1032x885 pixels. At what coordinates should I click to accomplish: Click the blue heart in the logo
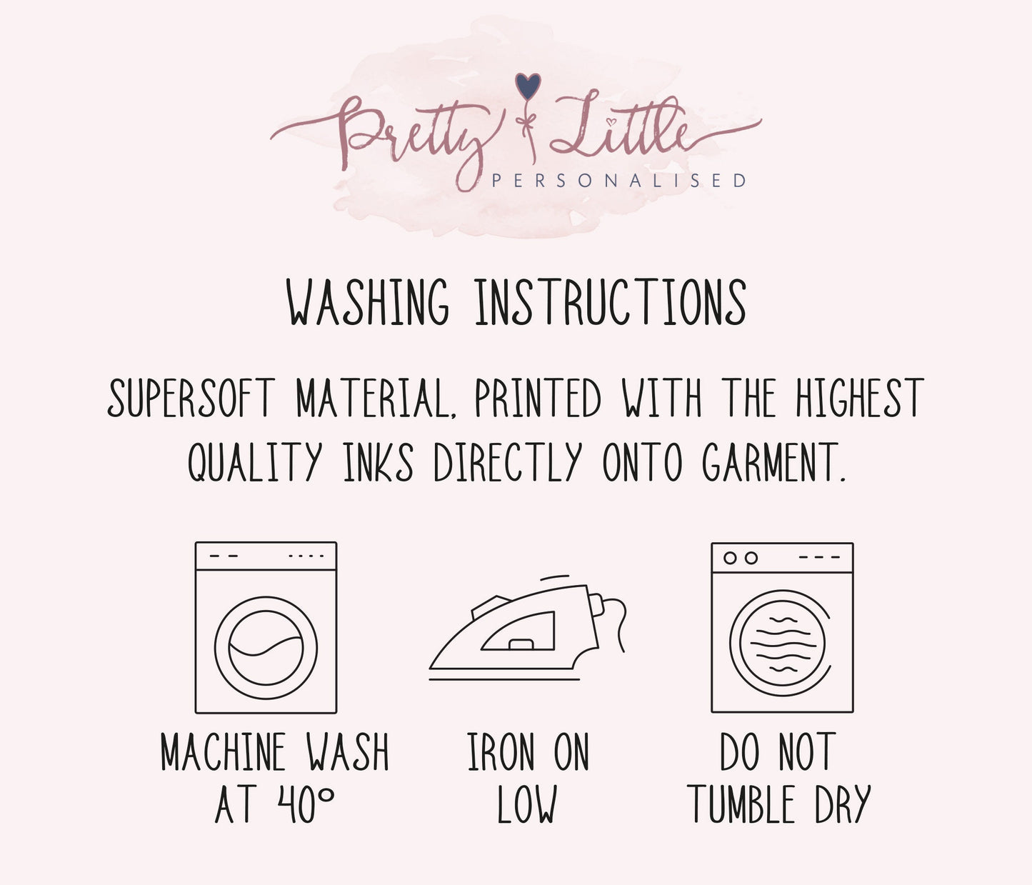(528, 86)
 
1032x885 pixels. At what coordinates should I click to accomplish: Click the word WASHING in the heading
(368, 303)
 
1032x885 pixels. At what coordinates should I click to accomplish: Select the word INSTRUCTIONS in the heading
(610, 303)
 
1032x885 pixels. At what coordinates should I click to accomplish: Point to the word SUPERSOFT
(191, 398)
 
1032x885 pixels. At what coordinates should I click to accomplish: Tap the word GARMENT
(773, 462)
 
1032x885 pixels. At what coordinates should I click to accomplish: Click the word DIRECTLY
(509, 462)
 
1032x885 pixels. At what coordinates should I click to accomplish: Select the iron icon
(527, 628)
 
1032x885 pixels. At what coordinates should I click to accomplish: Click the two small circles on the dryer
(741, 558)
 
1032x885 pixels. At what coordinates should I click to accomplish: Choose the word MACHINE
(223, 751)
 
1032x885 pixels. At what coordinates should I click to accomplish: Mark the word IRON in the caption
(500, 751)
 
